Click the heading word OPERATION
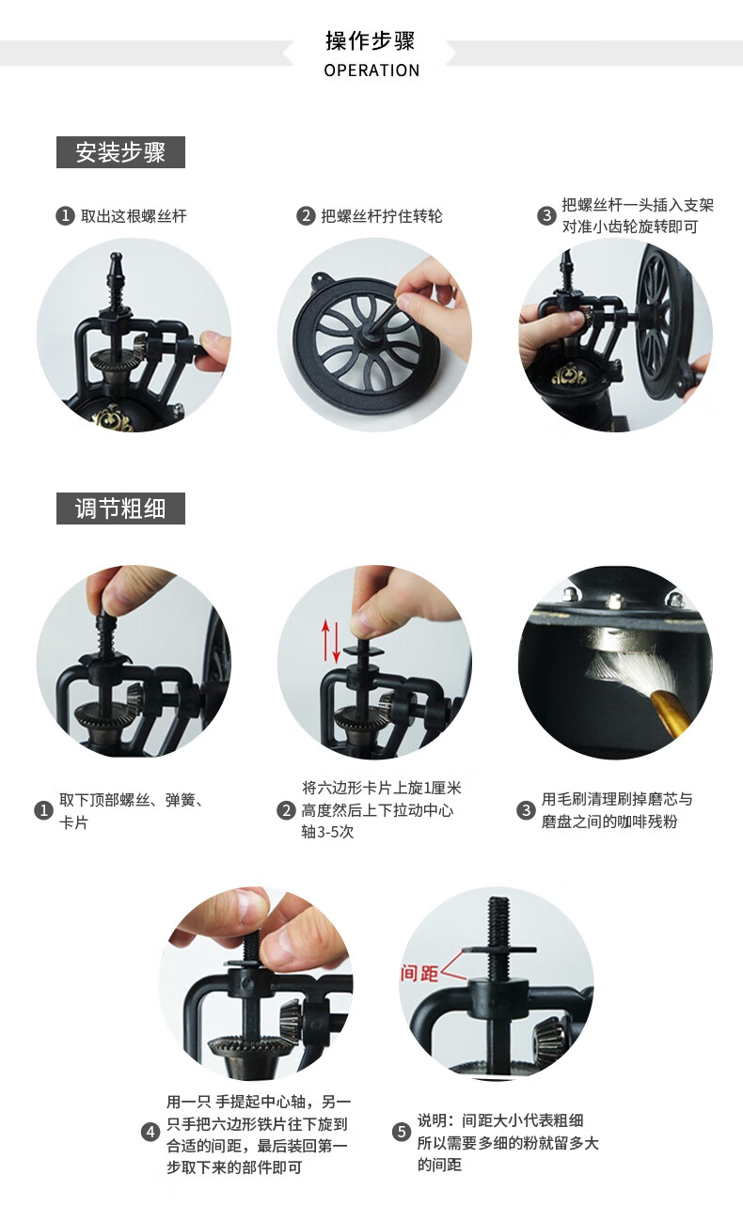click(x=371, y=70)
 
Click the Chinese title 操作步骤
click(x=371, y=40)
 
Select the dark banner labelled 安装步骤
click(x=120, y=152)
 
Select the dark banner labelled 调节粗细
click(x=120, y=509)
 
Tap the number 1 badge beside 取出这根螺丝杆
click(x=65, y=216)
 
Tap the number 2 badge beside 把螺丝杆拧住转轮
click(x=306, y=216)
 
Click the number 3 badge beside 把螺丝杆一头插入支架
click(x=546, y=216)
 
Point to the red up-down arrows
click(x=330, y=641)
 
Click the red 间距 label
click(x=420, y=973)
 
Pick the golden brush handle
click(x=672, y=712)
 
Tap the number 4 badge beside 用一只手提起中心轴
click(x=150, y=1132)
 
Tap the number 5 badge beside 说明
click(x=402, y=1132)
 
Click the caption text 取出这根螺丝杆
click(x=134, y=216)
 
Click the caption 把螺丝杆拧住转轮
click(x=382, y=216)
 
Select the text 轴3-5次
click(x=328, y=832)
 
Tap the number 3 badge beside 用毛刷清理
click(x=526, y=810)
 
